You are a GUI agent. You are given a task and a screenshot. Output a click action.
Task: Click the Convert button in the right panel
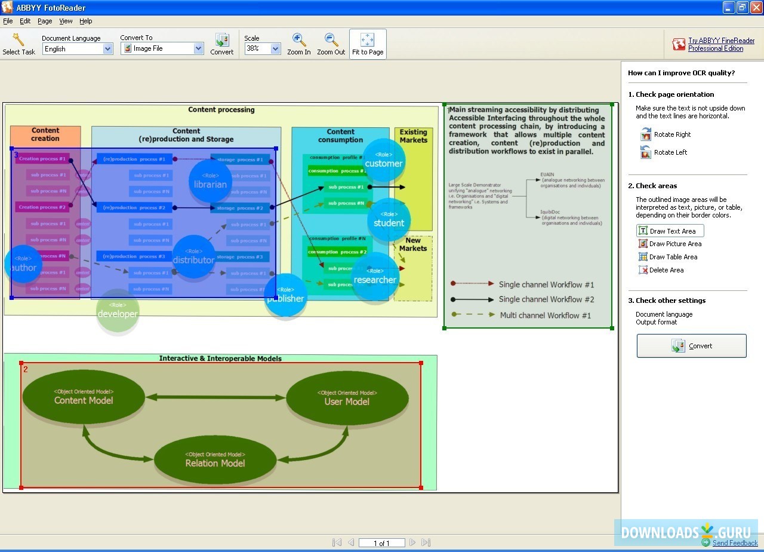pyautogui.click(x=691, y=346)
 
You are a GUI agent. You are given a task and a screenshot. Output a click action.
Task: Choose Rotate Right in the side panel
pyautogui.click(x=666, y=134)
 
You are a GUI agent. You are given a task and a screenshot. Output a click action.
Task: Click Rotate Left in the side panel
pyautogui.click(x=664, y=152)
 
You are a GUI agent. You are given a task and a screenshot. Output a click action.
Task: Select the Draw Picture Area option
pyautogui.click(x=669, y=244)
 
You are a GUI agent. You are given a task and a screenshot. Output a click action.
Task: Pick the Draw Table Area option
pyautogui.click(x=667, y=257)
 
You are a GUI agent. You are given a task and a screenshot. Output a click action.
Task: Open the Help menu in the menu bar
pyautogui.click(x=86, y=21)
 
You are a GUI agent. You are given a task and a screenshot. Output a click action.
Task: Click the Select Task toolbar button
pyautogui.click(x=19, y=44)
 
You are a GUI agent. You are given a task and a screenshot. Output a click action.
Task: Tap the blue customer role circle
pyautogui.click(x=384, y=160)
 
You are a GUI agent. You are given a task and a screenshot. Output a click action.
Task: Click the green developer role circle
pyautogui.click(x=118, y=310)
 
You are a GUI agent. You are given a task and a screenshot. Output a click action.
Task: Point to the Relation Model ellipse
pyautogui.click(x=215, y=460)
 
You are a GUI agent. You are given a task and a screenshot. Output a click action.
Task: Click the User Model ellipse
pyautogui.click(x=347, y=398)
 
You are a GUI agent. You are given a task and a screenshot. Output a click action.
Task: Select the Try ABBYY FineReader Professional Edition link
pyautogui.click(x=721, y=45)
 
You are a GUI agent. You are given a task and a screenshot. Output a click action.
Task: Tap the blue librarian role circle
pyautogui.click(x=210, y=181)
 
